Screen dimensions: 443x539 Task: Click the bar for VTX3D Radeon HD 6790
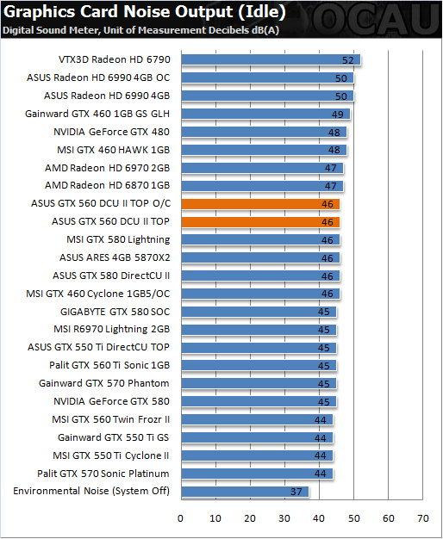coord(271,59)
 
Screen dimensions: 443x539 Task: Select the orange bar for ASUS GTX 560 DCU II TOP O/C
coord(260,204)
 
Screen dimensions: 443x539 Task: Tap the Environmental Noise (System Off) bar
coord(245,492)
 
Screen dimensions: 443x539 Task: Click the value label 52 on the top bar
coord(347,60)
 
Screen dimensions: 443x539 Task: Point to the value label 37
coord(296,492)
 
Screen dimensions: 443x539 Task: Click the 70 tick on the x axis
coord(422,518)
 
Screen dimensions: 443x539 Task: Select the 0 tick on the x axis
coord(180,518)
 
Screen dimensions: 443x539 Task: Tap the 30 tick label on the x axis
coord(284,518)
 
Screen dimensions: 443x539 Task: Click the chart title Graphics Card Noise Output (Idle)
coord(144,12)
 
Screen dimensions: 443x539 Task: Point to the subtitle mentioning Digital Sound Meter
coord(140,30)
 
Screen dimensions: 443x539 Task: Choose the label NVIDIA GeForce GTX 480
coord(111,132)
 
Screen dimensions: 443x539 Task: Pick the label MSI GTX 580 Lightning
coord(118,239)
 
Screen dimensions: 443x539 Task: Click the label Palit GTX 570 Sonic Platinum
coord(103,474)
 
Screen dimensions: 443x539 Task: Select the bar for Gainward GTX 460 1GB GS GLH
coord(265,114)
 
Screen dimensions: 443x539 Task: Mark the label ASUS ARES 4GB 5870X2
coord(115,257)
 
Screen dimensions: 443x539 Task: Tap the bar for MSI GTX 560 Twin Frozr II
coord(257,419)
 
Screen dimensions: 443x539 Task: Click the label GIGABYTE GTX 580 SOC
coord(115,312)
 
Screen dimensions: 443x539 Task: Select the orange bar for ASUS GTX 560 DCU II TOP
coord(260,222)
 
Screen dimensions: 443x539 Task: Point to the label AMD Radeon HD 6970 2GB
coord(108,168)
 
